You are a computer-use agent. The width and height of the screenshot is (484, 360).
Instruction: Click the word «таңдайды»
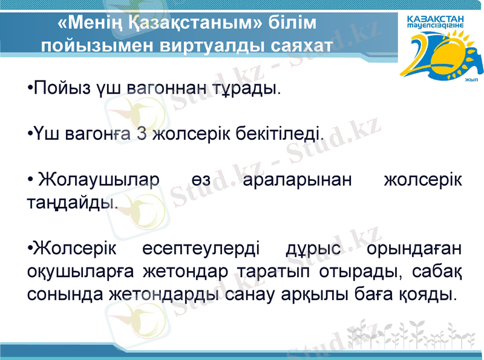click(x=71, y=201)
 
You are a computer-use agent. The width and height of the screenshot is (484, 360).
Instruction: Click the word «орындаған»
click(x=414, y=249)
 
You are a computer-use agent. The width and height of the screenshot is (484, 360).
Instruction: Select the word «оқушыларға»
click(x=79, y=272)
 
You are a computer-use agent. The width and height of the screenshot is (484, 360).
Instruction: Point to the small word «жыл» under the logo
click(x=471, y=79)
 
